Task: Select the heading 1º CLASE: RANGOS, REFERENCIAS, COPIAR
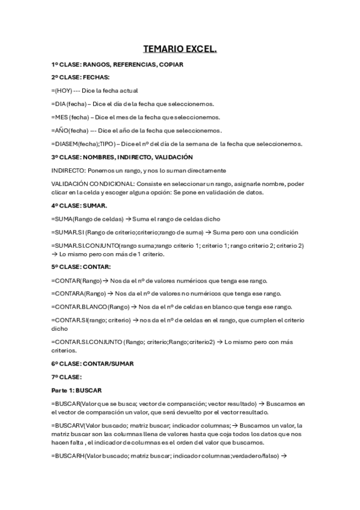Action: coord(117,64)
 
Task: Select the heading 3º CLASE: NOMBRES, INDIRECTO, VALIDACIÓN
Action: coord(122,156)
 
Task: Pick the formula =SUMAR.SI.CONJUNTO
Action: coord(85,245)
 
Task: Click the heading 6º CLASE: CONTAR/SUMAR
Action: coord(93,363)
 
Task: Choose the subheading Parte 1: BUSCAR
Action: coord(76,390)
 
